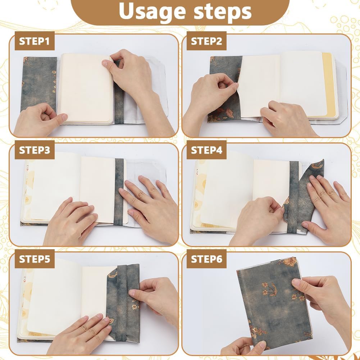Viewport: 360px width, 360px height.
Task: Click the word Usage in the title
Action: point(152,12)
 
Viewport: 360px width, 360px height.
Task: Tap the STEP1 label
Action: point(35,41)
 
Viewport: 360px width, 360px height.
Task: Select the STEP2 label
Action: point(206,41)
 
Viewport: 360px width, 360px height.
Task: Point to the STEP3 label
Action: point(35,150)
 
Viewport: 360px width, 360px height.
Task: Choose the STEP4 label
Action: point(206,150)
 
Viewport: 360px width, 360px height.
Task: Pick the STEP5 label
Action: point(35,259)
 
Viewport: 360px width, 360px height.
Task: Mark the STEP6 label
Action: point(206,259)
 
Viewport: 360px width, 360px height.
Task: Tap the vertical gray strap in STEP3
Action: point(119,192)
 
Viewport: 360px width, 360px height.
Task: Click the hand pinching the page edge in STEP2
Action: point(213,94)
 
